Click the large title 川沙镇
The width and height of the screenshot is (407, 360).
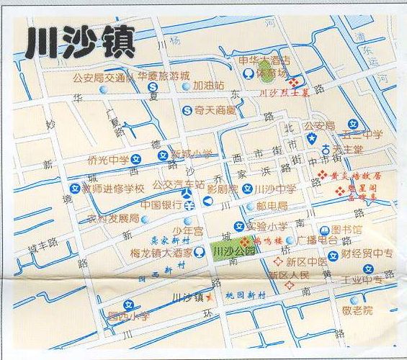(x=80, y=42)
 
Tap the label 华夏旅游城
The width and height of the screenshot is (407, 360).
(x=164, y=76)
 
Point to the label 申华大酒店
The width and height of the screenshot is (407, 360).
(x=264, y=60)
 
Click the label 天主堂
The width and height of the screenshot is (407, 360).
(x=352, y=149)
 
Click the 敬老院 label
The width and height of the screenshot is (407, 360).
(x=357, y=310)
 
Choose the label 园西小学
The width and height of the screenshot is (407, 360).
(x=128, y=315)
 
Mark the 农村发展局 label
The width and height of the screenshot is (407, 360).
(x=113, y=218)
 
